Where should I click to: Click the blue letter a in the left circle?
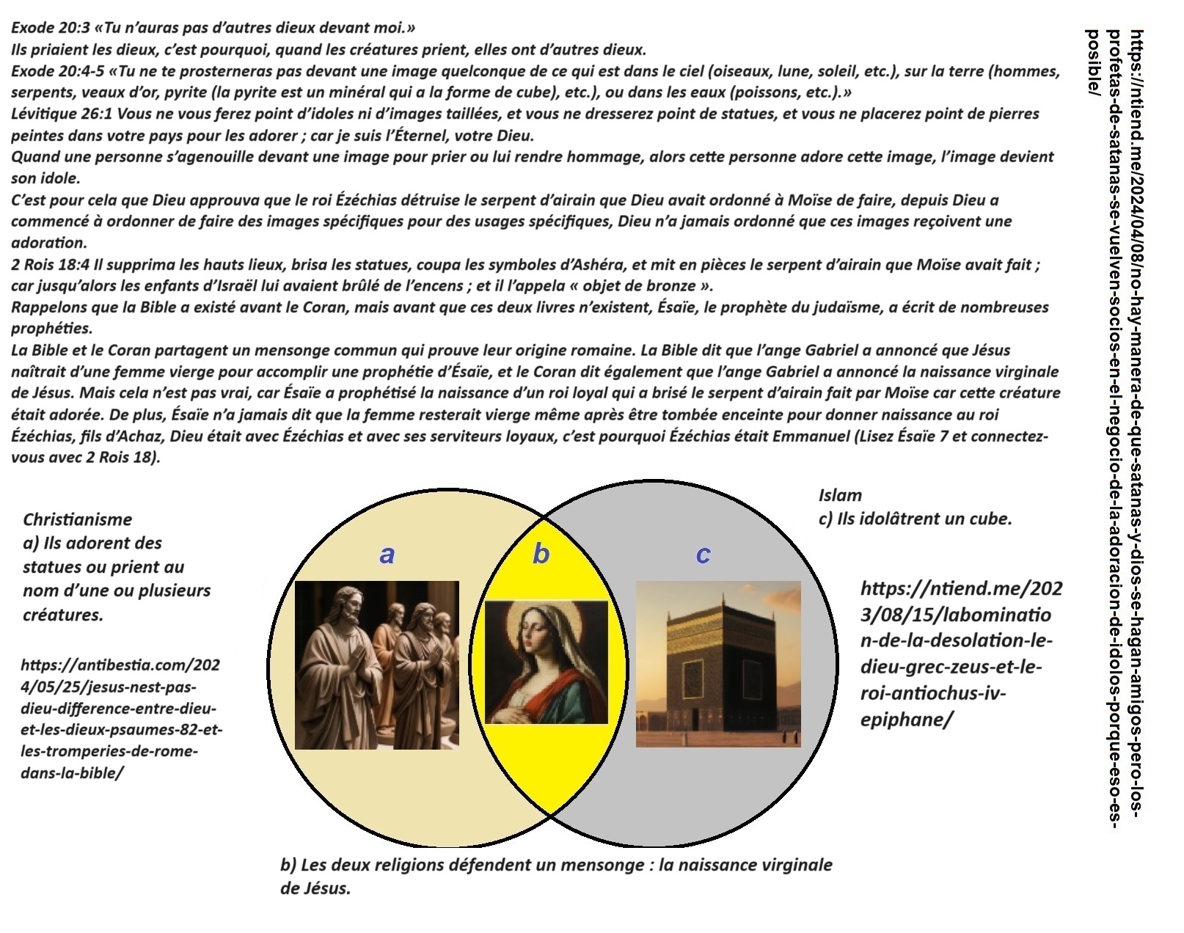[x=387, y=555]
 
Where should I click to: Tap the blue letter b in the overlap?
[x=541, y=554]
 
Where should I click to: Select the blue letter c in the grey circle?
[x=703, y=555]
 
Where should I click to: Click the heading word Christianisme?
[x=77, y=519]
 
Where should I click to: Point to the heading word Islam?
[x=840, y=495]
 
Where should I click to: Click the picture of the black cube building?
[x=718, y=665]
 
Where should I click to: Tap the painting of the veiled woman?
[x=547, y=662]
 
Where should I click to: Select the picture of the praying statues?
[x=377, y=665]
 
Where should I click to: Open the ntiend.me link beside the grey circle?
[x=960, y=654]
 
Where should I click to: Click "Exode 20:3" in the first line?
[x=48, y=29]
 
